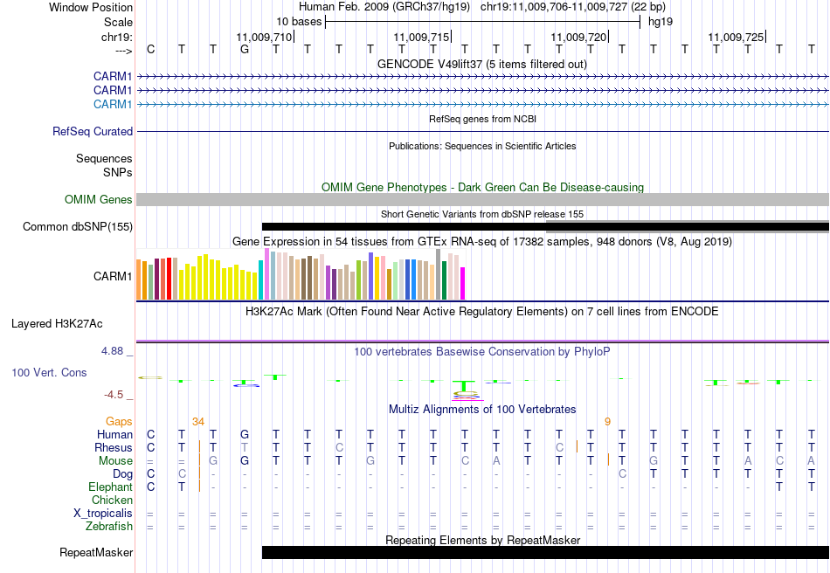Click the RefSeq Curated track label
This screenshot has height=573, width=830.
93,131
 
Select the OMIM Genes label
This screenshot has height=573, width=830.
99,200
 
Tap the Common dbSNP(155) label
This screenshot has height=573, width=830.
78,227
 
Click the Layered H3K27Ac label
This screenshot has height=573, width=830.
57,323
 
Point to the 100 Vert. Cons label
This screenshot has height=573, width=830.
49,372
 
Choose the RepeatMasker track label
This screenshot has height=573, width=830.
96,552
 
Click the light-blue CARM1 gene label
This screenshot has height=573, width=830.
113,105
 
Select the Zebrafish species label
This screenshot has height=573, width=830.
109,527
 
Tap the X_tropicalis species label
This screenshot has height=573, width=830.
103,514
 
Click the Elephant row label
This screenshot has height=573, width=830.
110,487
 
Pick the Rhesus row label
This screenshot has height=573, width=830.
114,447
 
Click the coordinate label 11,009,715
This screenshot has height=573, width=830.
421,37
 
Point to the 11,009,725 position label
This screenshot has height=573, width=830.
736,37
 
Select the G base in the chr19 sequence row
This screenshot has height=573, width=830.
245,49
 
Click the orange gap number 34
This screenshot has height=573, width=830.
198,421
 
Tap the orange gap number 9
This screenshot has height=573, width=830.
607,421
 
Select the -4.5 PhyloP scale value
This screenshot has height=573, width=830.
116,394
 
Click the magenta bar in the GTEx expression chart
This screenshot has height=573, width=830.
462,281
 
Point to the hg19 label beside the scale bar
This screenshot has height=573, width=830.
661,21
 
